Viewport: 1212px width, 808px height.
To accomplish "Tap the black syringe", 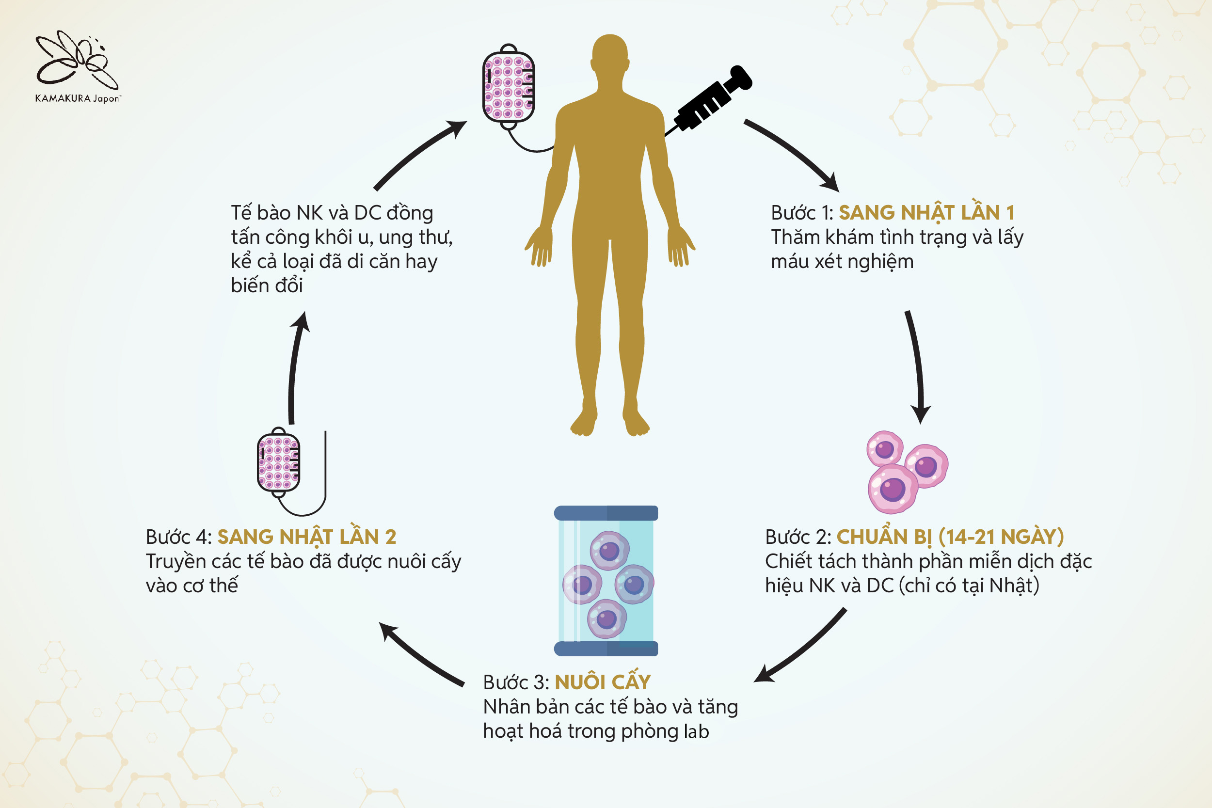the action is tap(711, 101).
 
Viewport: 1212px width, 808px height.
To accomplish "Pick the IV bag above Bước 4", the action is tap(278, 462).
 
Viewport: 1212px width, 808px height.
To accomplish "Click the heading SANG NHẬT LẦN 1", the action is tap(926, 212).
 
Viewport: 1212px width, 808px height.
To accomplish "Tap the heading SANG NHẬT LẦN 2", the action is tap(306, 537).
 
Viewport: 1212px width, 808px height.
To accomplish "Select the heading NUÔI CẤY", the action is tap(603, 682).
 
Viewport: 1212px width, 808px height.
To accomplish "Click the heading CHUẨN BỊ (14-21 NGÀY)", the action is tap(950, 537).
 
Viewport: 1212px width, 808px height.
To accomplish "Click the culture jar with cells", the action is tap(606, 581).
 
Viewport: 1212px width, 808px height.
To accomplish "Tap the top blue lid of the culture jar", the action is tap(606, 513).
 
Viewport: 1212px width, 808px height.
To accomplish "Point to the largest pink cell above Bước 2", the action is tap(893, 489).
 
